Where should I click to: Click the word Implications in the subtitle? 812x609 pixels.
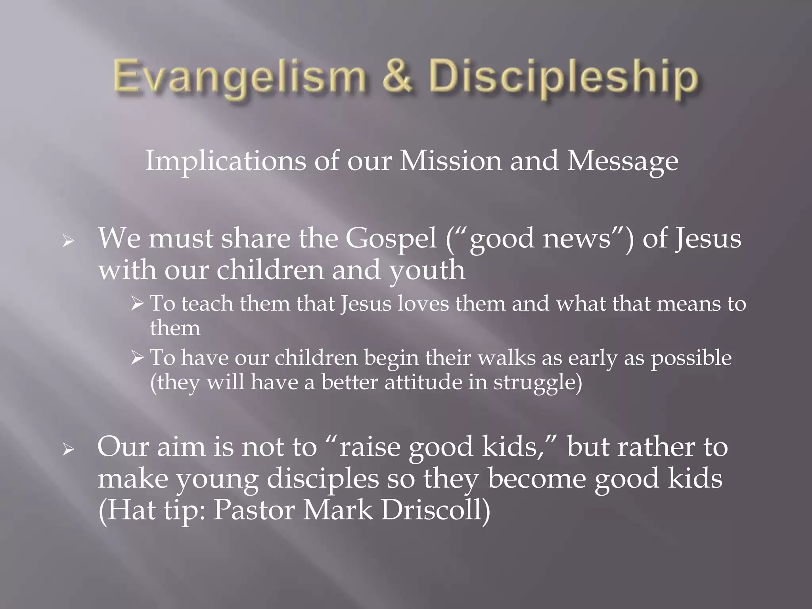point(226,162)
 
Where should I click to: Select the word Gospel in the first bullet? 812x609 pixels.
point(391,239)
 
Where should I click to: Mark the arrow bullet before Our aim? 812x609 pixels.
point(69,450)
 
